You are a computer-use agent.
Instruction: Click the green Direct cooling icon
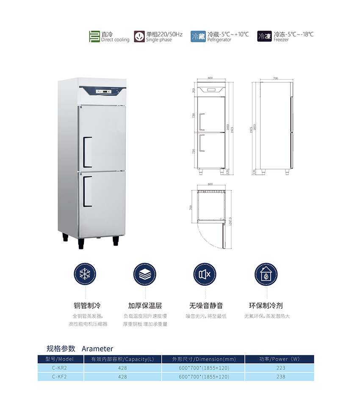click(x=94, y=36)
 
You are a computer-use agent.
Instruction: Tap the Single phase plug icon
click(x=139, y=36)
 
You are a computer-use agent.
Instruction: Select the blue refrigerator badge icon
click(x=198, y=36)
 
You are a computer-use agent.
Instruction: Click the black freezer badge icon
click(x=265, y=36)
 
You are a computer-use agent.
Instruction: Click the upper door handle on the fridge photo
click(x=86, y=152)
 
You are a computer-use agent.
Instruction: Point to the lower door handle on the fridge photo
click(x=86, y=191)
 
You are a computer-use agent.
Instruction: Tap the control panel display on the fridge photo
click(x=103, y=91)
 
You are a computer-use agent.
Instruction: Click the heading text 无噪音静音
click(x=206, y=305)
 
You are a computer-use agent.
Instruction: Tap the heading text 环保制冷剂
click(x=266, y=305)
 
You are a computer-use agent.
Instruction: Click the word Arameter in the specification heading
click(x=97, y=349)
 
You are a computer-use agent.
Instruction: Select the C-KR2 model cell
click(x=59, y=368)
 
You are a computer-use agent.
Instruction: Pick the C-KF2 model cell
click(x=59, y=376)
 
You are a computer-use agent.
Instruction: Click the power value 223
click(x=280, y=368)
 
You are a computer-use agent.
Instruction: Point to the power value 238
click(x=280, y=376)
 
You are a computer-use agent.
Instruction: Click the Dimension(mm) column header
click(x=204, y=359)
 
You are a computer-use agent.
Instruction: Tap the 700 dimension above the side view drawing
click(x=275, y=79)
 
